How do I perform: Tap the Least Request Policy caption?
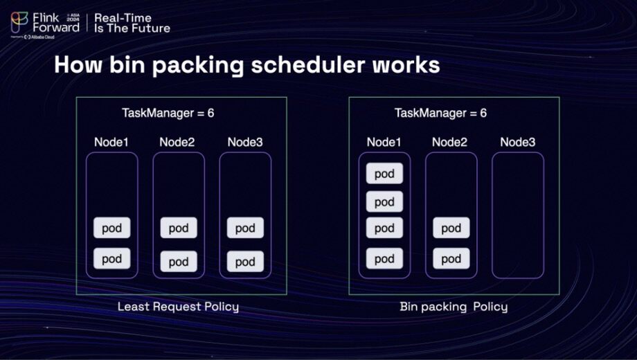[178, 307]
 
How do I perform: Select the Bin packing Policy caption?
[454, 307]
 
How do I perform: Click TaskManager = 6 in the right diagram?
[440, 113]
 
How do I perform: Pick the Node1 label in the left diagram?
[112, 143]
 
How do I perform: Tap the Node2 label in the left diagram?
[177, 143]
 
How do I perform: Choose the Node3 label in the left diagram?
[245, 143]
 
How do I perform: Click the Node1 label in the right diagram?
[384, 143]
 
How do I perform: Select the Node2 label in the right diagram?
[450, 143]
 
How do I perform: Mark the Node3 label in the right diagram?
[518, 143]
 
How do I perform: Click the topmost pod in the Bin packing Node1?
[384, 174]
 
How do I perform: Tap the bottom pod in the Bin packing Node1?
[384, 259]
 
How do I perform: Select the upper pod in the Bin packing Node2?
[451, 228]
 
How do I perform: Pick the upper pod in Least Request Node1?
[112, 228]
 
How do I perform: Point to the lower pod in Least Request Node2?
[179, 262]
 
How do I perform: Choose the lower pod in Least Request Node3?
[245, 262]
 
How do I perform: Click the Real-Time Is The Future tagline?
[132, 23]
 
